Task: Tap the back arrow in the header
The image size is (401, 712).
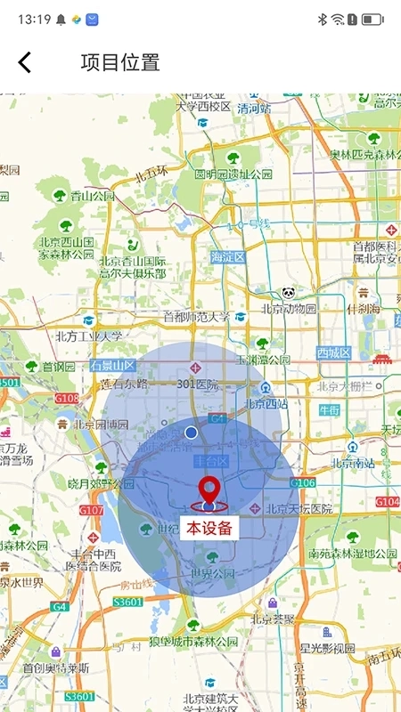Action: point(25,62)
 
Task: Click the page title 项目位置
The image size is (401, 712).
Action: point(120,62)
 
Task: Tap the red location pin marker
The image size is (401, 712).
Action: point(209,491)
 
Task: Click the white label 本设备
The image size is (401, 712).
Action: point(209,527)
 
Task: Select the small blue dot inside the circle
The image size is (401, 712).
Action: point(191,433)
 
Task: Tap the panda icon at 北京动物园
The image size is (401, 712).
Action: point(289,293)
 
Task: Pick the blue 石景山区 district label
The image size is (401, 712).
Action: point(111,366)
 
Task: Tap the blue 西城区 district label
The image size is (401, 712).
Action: point(334,353)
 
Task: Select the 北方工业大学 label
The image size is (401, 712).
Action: point(88,336)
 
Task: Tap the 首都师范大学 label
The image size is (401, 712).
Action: point(196,317)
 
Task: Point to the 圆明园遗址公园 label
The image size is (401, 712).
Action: point(233,174)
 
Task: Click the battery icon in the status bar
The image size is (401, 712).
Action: point(373,19)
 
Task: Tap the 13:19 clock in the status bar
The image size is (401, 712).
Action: point(33,19)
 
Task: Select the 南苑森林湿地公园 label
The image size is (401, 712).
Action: point(352,554)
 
